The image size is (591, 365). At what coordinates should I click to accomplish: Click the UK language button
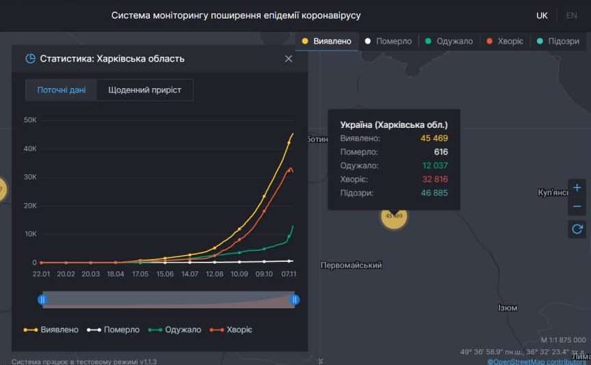point(542,15)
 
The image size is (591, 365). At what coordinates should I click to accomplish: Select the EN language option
point(571,15)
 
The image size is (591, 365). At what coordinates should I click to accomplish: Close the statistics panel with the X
point(289,59)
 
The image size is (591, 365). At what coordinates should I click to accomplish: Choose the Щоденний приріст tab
point(144,90)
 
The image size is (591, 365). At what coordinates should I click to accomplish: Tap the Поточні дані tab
point(62,90)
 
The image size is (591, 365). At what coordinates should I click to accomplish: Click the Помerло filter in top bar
point(388,41)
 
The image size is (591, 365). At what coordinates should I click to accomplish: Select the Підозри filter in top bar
point(558,41)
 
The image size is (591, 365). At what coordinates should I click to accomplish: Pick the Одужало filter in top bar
point(448,41)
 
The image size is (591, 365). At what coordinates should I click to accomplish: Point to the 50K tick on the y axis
point(30,120)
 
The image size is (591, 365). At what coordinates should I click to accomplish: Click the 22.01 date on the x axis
point(41,274)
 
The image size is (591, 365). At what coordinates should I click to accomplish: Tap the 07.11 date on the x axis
point(289,274)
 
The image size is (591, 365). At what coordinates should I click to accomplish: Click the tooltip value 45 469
point(434,139)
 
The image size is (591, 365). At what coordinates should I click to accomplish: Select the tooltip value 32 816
point(434,180)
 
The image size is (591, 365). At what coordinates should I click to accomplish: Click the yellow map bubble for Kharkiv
point(394,216)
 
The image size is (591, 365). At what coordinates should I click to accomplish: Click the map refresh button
point(577,229)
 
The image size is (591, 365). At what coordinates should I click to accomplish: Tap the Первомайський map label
point(351,265)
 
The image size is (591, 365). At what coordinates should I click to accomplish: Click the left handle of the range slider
point(42,299)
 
